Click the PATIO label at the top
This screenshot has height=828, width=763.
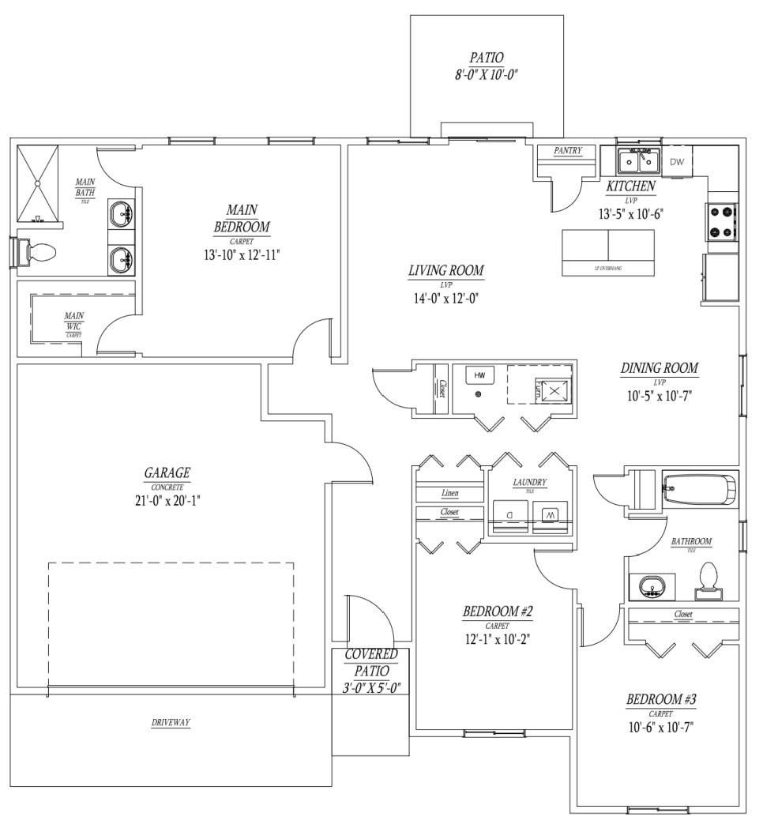(486, 58)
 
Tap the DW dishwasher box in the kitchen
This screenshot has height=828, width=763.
(677, 162)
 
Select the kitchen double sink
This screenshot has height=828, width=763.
(639, 160)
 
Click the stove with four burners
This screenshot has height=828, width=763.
(722, 222)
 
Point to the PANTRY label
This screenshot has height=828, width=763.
(567, 151)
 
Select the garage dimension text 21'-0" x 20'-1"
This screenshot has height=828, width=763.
(167, 500)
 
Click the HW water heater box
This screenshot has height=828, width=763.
(479, 374)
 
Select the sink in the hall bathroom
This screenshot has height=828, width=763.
(652, 586)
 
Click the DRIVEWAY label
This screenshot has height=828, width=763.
(171, 722)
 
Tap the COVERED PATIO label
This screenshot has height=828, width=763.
(371, 671)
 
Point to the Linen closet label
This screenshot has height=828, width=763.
(449, 493)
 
